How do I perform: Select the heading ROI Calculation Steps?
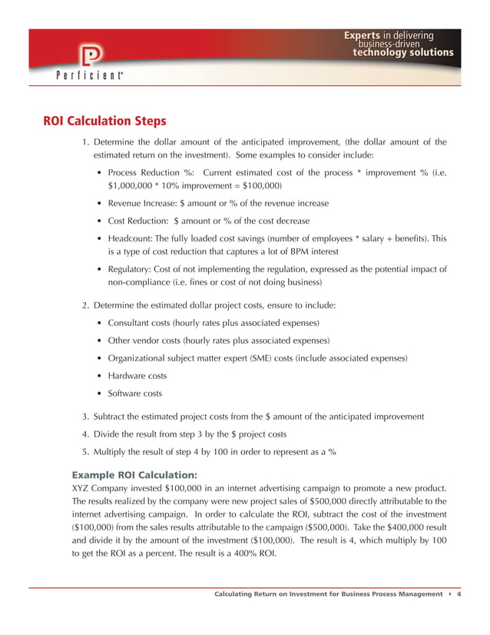104,121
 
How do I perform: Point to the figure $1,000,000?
134,186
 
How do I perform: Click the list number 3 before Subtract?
85,416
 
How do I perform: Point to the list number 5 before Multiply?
85,451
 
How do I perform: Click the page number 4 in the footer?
459,593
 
